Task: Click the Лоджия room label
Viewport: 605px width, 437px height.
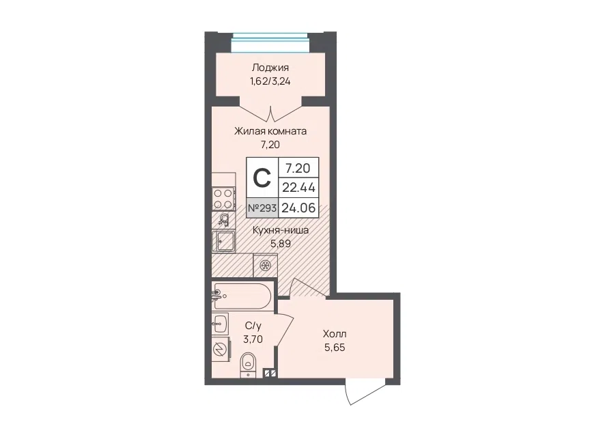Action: pos(270,68)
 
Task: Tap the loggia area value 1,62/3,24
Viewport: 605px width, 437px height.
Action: pos(270,81)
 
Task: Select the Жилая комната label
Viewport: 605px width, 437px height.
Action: pos(270,131)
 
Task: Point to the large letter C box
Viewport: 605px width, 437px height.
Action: pos(262,178)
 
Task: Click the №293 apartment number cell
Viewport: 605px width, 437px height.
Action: pos(262,208)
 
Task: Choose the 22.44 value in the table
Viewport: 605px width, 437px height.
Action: pos(298,188)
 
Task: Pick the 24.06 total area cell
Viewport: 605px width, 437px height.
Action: pos(298,208)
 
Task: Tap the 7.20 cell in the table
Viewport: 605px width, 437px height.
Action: pos(298,168)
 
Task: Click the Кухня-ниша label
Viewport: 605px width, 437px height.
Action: pos(281,230)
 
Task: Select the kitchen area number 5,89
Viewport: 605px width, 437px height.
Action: pos(281,244)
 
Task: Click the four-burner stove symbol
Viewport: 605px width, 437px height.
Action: pos(223,199)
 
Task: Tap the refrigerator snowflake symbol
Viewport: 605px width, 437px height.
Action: pos(265,266)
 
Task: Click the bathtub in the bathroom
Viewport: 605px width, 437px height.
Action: pos(242,296)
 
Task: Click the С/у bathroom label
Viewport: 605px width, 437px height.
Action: pos(253,326)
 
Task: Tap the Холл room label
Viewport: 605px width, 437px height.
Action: pos(335,334)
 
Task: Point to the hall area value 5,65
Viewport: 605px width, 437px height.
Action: pos(335,348)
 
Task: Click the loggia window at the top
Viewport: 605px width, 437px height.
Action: pos(270,43)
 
